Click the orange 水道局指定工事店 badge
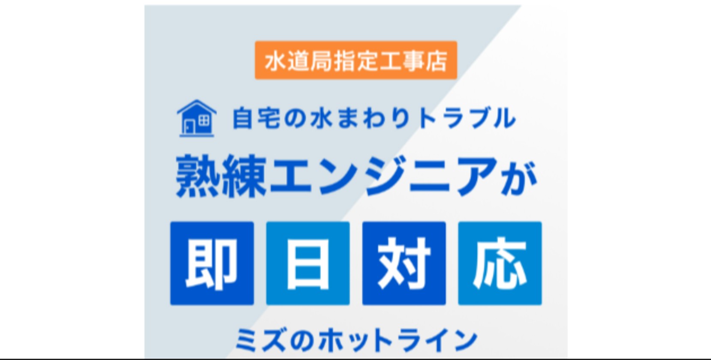[355, 60]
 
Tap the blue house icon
[196, 118]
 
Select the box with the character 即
[212, 263]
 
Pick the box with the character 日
[308, 263]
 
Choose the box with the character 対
[404, 263]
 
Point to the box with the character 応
[500, 263]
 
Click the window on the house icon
[204, 120]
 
